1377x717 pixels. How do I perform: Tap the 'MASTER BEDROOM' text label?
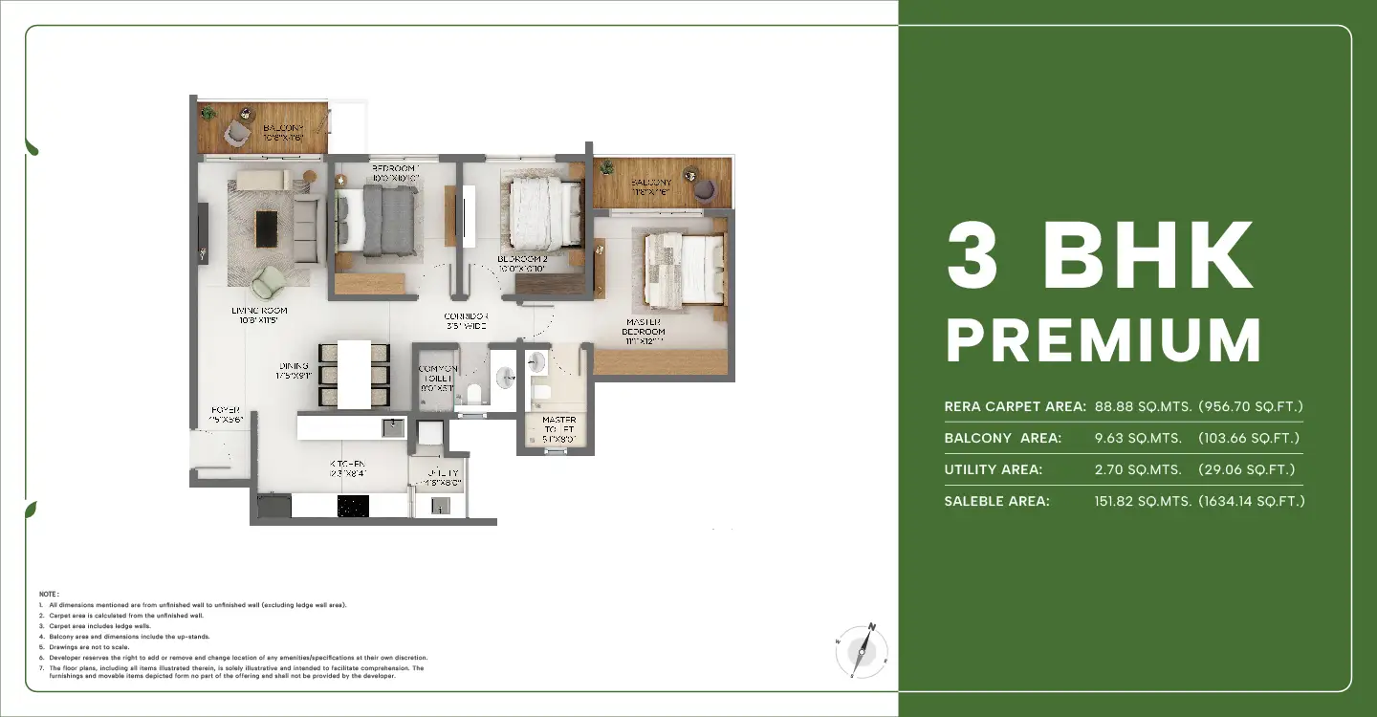(645, 326)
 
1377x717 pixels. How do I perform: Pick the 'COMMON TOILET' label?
(438, 379)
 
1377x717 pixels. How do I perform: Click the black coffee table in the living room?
(266, 228)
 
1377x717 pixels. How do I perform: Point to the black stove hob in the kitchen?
(353, 506)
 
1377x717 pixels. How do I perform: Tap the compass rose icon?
(863, 652)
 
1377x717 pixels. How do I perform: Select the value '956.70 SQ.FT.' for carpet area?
(1250, 406)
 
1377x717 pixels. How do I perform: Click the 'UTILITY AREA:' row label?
(993, 469)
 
